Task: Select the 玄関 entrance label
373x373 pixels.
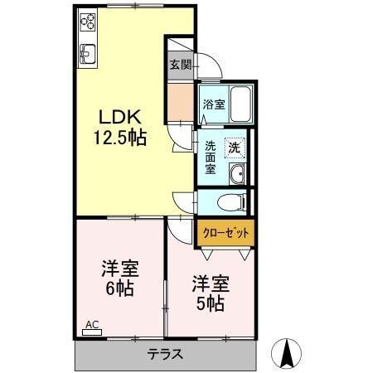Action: click(x=179, y=64)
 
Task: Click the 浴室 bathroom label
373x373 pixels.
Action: click(x=213, y=104)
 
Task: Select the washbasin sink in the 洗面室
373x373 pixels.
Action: click(x=238, y=173)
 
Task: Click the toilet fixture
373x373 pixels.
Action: click(x=231, y=201)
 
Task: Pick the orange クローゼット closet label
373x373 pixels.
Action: click(x=225, y=233)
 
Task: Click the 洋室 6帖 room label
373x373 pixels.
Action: click(x=119, y=279)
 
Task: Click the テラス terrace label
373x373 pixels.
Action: click(x=166, y=354)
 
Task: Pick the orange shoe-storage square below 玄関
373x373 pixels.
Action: click(x=179, y=99)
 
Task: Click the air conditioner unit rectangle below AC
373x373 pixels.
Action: click(x=92, y=333)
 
